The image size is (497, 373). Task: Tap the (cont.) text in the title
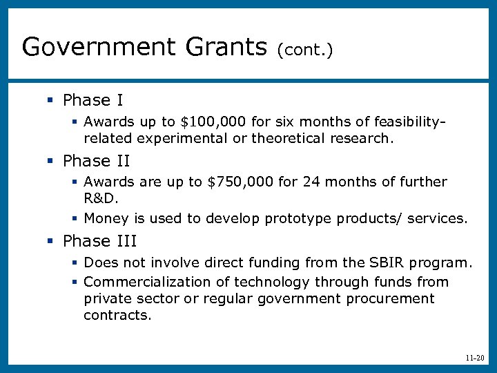pos(305,50)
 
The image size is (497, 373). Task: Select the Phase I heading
pos(92,101)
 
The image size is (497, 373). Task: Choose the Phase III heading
pos(100,241)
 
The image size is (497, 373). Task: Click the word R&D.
pos(101,199)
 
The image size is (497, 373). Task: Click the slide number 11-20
pos(475,358)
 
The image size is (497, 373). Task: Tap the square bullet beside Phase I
pos(50,102)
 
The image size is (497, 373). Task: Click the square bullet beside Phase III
pos(50,242)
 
